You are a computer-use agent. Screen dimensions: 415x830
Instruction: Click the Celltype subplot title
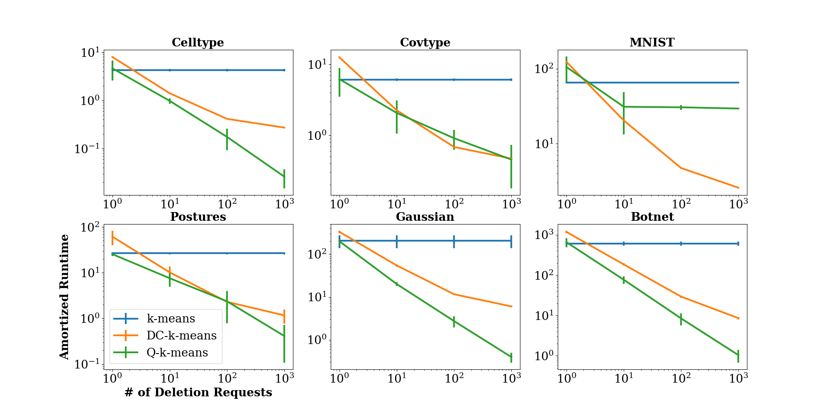point(198,43)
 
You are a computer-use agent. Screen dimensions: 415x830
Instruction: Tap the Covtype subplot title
point(425,43)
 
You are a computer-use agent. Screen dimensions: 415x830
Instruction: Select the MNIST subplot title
point(652,43)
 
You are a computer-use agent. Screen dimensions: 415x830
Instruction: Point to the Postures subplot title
point(198,217)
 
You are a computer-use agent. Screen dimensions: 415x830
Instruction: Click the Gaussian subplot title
point(425,217)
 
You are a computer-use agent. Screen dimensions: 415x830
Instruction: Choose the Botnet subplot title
point(652,217)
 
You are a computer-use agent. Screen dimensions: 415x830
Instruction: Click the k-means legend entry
point(171,319)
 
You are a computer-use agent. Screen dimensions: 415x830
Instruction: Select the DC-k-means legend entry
point(181,335)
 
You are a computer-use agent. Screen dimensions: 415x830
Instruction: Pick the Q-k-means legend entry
point(177,352)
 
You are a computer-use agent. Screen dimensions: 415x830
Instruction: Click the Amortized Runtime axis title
point(64,297)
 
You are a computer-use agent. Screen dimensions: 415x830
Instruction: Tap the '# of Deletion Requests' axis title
point(198,393)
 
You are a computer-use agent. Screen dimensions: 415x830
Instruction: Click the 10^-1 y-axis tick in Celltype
point(87,149)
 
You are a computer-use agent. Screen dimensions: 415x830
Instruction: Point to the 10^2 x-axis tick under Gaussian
point(454,378)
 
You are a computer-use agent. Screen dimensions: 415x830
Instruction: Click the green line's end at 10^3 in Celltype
point(284,177)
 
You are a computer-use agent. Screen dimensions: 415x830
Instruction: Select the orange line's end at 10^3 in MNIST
point(739,188)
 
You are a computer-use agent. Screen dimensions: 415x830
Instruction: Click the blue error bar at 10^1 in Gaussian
point(397,241)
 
